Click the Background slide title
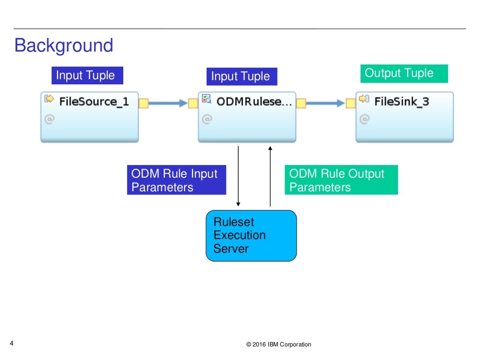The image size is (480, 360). point(64,46)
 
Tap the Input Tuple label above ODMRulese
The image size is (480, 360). point(241,76)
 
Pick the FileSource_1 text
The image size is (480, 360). point(94,101)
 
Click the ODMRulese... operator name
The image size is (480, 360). point(254,101)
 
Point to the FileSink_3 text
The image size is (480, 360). point(401,101)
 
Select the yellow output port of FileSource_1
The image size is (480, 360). point(144,103)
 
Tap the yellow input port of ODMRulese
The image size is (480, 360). point(193,103)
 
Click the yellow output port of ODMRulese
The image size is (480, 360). point(301,103)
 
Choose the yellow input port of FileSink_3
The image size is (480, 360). point(350,103)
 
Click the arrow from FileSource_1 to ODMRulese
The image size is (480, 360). point(168,103)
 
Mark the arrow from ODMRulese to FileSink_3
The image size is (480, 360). point(325,103)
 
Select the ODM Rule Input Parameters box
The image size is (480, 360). point(176,180)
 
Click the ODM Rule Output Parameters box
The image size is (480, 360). point(341,180)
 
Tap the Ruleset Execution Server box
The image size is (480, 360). point(251,235)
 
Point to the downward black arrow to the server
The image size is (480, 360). point(238,176)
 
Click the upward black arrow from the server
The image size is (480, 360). point(270,176)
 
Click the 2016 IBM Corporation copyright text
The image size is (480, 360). point(278,345)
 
